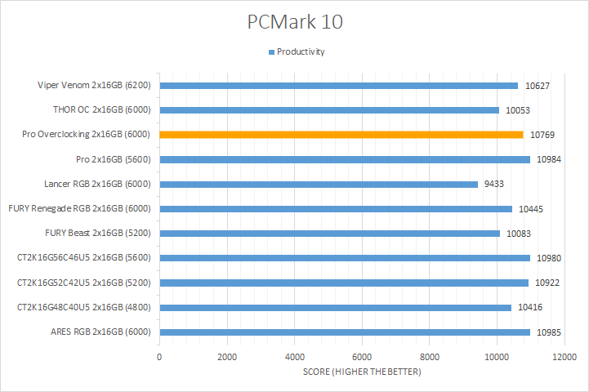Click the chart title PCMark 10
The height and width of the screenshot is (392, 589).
tap(294, 22)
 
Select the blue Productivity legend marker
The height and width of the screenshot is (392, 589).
tap(271, 52)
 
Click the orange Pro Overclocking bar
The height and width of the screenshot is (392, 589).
tap(341, 135)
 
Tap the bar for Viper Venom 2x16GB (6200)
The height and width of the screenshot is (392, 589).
tap(338, 85)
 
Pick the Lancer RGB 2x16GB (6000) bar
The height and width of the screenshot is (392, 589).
tap(319, 184)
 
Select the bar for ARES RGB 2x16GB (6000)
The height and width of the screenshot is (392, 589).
tap(345, 332)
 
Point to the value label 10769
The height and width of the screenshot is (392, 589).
tap(542, 135)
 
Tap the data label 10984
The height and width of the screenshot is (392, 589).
tap(550, 159)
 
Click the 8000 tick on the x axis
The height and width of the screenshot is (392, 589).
tap(430, 357)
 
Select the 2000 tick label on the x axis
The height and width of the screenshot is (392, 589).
tap(227, 357)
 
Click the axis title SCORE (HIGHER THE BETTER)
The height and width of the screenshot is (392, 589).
tap(362, 372)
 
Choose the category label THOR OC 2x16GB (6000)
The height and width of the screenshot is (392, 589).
tap(100, 110)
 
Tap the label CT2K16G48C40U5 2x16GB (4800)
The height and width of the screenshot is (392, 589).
tap(85, 308)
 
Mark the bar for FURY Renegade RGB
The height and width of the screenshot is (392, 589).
tap(336, 209)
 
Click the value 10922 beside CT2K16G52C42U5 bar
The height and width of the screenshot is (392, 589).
tap(548, 283)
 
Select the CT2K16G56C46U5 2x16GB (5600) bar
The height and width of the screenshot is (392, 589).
tap(345, 258)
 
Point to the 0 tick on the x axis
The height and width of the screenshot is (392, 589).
tap(159, 357)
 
